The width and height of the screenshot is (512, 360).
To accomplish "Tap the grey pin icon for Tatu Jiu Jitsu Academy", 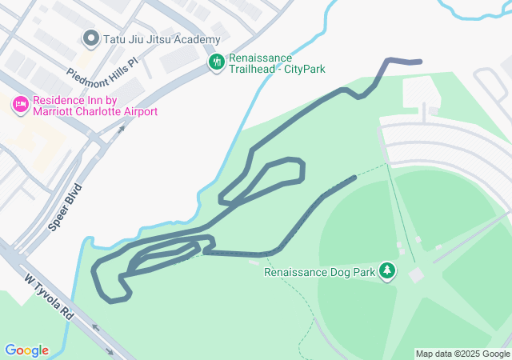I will coord(90,38).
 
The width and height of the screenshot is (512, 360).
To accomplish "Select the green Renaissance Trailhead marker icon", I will coord(216,62).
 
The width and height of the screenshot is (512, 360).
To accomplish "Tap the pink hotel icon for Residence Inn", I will coord(20,104).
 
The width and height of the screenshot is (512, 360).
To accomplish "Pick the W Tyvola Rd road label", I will coord(50,296).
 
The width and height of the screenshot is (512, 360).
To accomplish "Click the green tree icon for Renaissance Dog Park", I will coord(388,271).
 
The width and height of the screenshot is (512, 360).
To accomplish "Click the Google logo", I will coord(26,350).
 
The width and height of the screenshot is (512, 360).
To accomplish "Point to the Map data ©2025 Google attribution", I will coord(462,354).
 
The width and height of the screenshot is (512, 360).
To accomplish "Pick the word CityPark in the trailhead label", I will coord(306,70).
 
